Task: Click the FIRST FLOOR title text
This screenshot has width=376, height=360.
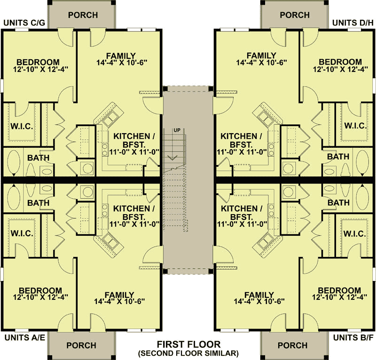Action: click(188, 344)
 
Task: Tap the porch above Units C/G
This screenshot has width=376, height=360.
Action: click(83, 15)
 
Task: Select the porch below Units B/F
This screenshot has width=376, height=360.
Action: click(293, 345)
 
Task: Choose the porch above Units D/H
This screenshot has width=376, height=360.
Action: click(295, 15)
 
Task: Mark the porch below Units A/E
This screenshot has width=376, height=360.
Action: click(81, 345)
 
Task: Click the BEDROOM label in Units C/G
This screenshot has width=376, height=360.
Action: click(38, 62)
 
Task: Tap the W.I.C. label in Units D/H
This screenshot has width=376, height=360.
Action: click(355, 126)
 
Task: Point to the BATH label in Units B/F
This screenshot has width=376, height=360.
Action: click(338, 203)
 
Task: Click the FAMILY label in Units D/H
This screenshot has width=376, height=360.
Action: click(261, 55)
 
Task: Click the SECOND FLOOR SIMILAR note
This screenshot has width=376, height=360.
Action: click(188, 353)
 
